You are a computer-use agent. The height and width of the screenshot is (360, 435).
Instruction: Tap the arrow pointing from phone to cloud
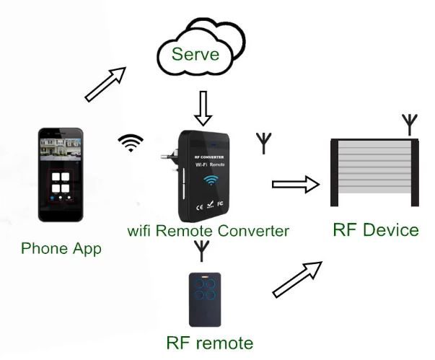(x=105, y=84)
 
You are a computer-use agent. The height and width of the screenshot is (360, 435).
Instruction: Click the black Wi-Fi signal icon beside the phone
(x=131, y=143)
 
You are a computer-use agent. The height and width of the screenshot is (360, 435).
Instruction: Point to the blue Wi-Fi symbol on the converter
(x=210, y=180)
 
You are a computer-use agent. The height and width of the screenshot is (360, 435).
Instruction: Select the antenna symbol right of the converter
(x=262, y=143)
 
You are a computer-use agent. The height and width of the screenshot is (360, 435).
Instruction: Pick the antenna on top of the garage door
(x=410, y=123)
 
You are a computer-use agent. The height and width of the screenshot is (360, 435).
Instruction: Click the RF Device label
(x=376, y=230)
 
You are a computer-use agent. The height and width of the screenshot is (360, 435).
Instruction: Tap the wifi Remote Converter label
(x=208, y=231)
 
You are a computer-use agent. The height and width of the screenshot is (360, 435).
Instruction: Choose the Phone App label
(x=61, y=249)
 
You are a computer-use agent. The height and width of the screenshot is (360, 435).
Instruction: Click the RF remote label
(x=210, y=341)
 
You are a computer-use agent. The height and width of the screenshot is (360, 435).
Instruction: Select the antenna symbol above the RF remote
(x=202, y=251)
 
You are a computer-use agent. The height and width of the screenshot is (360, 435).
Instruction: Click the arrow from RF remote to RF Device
(x=296, y=279)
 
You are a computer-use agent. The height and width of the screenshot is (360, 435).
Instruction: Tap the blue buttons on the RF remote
(x=204, y=294)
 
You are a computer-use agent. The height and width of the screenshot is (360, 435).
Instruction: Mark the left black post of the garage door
(x=335, y=174)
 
